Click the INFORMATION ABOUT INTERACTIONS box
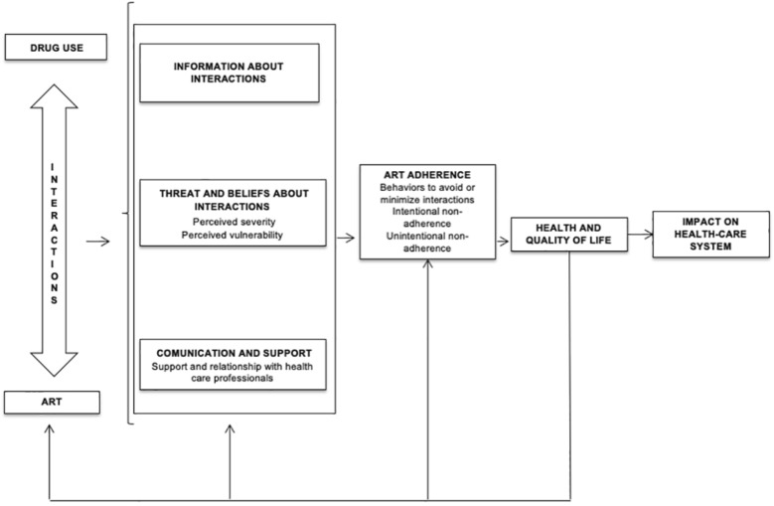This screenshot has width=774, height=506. point(229,73)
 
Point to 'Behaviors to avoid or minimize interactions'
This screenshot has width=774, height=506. point(427,193)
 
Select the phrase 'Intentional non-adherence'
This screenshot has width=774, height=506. point(427,218)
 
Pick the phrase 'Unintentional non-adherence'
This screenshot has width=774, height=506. point(427,242)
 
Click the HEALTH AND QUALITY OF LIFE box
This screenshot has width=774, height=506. point(568,235)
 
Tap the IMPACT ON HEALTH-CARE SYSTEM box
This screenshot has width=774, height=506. point(710,234)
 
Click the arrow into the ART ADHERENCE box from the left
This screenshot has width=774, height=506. point(346,239)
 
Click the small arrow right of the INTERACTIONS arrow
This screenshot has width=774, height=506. point(98,240)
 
